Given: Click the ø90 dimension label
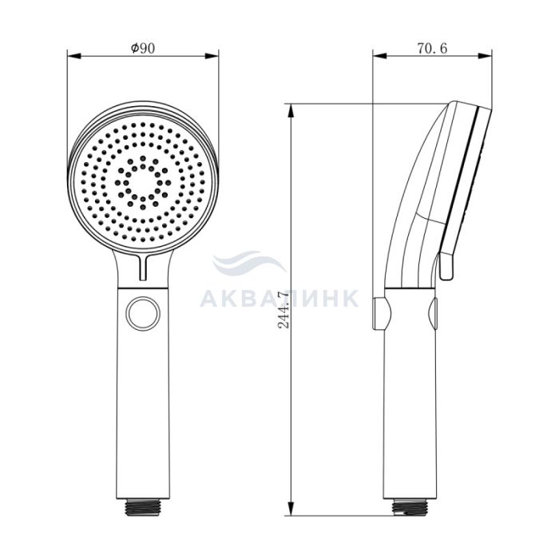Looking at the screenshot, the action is click(143, 48).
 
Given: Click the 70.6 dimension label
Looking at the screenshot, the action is click(432, 48).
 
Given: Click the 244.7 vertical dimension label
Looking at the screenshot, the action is click(283, 310).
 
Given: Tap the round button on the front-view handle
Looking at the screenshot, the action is click(144, 314).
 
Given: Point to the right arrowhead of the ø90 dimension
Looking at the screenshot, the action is click(212, 56).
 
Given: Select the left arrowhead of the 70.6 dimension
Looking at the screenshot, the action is click(379, 56).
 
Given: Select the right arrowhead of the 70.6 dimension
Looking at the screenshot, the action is click(485, 56).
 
